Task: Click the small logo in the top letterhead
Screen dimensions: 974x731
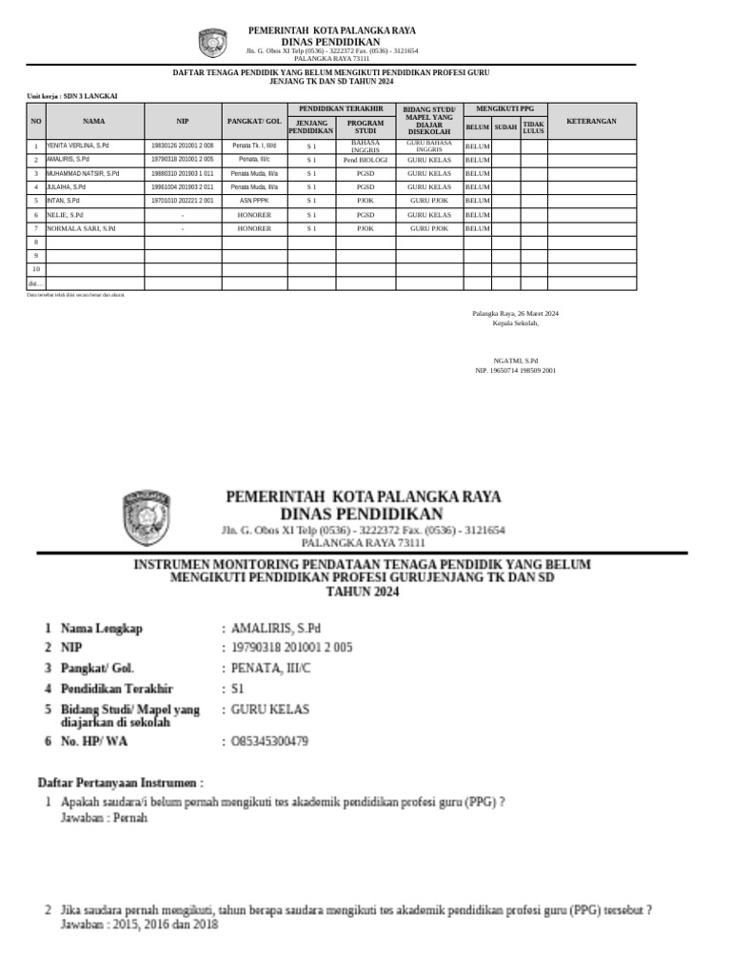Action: pyautogui.click(x=212, y=43)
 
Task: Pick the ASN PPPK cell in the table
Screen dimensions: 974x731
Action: pyautogui.click(x=254, y=202)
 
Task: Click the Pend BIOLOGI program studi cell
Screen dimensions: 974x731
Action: pyautogui.click(x=365, y=160)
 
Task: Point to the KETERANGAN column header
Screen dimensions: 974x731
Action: pyautogui.click(x=591, y=122)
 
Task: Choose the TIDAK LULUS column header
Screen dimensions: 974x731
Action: pyautogui.click(x=533, y=127)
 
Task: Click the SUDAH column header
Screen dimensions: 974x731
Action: pyautogui.click(x=505, y=127)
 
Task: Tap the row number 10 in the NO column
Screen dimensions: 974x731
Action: pyautogui.click(x=36, y=269)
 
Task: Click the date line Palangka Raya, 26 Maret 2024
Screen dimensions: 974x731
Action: pyautogui.click(x=515, y=314)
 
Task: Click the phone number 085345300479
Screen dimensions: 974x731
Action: pyautogui.click(x=269, y=741)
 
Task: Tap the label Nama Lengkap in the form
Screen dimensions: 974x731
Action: pyautogui.click(x=101, y=628)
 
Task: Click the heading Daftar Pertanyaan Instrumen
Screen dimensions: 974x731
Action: pyautogui.click(x=120, y=782)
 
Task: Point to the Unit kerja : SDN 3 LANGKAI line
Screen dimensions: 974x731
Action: pyautogui.click(x=65, y=96)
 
